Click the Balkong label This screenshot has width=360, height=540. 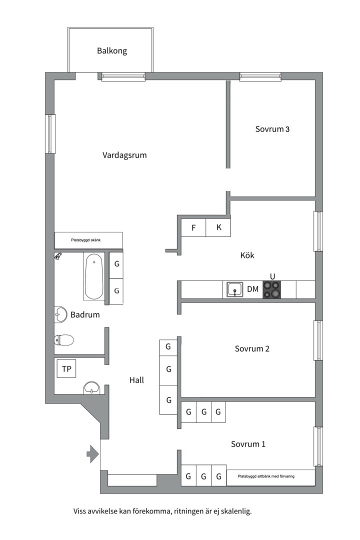click(112, 51)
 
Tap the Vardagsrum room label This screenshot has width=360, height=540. click(124, 155)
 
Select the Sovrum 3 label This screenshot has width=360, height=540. click(272, 129)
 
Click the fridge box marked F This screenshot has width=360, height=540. click(193, 227)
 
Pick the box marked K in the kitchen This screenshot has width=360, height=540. click(218, 227)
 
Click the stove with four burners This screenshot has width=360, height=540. click(272, 289)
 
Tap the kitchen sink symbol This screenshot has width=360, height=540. click(235, 289)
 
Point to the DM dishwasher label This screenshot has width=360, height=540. click(252, 289)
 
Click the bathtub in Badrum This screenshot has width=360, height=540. click(93, 277)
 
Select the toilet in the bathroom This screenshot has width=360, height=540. click(63, 340)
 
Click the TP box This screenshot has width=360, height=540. click(66, 369)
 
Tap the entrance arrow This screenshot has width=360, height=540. click(92, 454)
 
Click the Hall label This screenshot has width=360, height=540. click(136, 380)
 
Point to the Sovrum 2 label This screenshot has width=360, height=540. click(252, 348)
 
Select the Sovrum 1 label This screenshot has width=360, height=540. click(248, 444)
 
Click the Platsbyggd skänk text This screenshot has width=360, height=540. click(86, 240)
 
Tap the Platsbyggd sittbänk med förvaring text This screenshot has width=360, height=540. click(266, 476)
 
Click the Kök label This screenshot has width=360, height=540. click(247, 255)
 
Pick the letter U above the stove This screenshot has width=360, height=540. click(272, 276)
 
